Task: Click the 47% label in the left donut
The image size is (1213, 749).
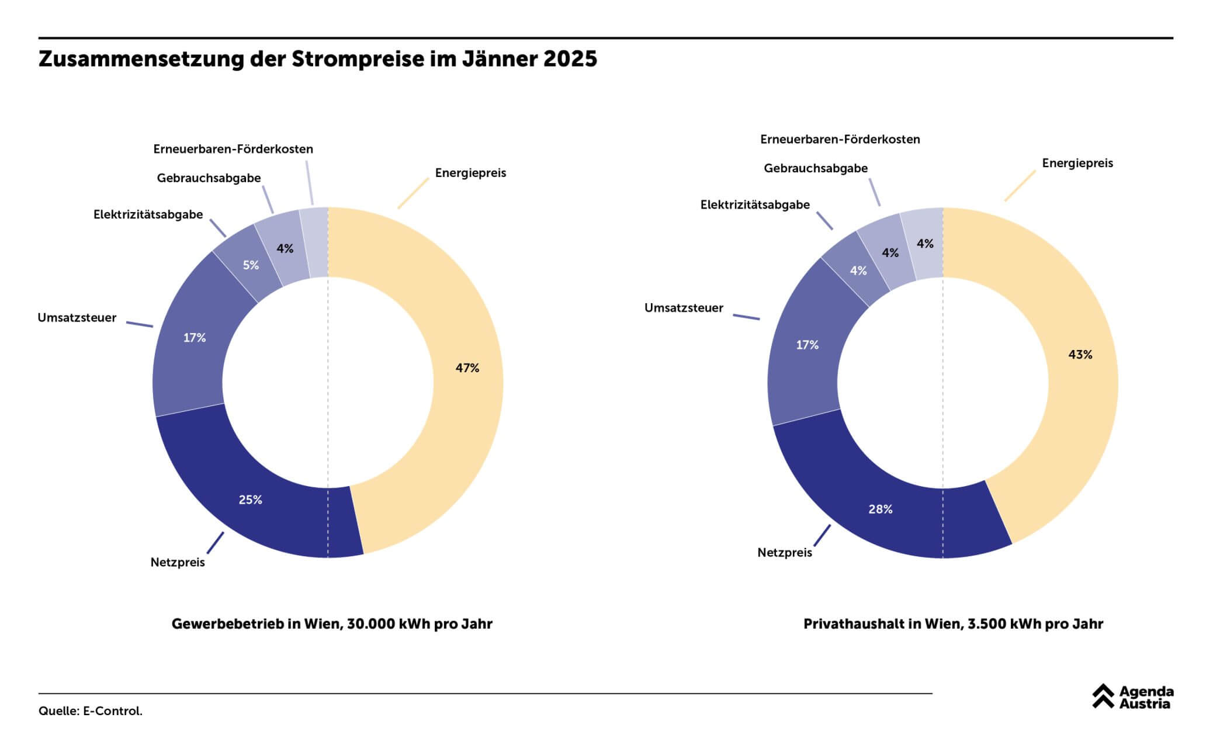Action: [467, 367]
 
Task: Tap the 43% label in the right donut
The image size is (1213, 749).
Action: [1080, 355]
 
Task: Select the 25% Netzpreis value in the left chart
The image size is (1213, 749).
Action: [250, 500]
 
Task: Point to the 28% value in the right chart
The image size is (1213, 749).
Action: [880, 509]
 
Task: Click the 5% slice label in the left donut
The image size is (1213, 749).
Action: [251, 265]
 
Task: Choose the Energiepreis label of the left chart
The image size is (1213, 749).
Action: [470, 173]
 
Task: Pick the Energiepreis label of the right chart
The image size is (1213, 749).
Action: [1077, 163]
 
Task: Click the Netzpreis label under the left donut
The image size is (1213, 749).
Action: [178, 563]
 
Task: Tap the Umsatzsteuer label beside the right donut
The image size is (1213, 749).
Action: [684, 308]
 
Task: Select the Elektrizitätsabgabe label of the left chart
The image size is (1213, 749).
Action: [148, 214]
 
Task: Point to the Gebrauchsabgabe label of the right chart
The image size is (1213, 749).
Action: [816, 168]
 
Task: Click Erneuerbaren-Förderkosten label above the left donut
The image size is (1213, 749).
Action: [233, 149]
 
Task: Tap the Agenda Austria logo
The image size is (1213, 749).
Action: [1132, 697]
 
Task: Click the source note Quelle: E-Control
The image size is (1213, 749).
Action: [91, 711]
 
